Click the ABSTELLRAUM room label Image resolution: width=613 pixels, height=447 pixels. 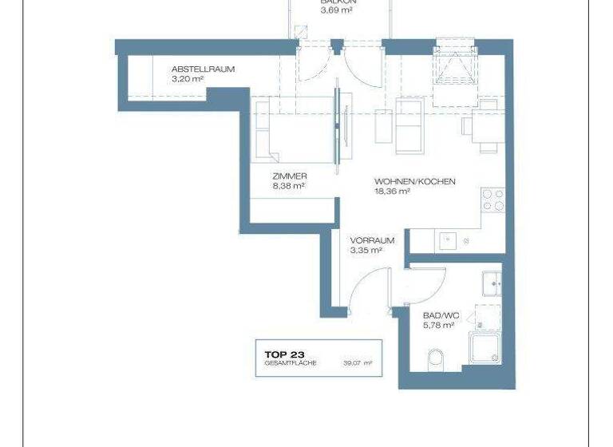[203, 69]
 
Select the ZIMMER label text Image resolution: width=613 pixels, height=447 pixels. [290, 176]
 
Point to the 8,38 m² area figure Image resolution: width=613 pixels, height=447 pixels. [289, 187]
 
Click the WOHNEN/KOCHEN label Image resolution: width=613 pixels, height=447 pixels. [415, 182]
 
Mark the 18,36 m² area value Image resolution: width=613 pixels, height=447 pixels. [392, 192]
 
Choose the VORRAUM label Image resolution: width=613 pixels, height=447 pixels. [373, 239]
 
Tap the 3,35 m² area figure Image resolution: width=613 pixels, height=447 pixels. [366, 250]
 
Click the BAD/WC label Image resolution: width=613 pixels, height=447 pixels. [438, 314]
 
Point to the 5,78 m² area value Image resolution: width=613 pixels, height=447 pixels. [438, 325]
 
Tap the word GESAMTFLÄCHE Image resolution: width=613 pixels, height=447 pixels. [292, 363]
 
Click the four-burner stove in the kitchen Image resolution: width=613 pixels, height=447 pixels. [493, 200]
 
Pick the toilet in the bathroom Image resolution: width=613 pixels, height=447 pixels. [436, 358]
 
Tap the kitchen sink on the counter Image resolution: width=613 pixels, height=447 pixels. [448, 239]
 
